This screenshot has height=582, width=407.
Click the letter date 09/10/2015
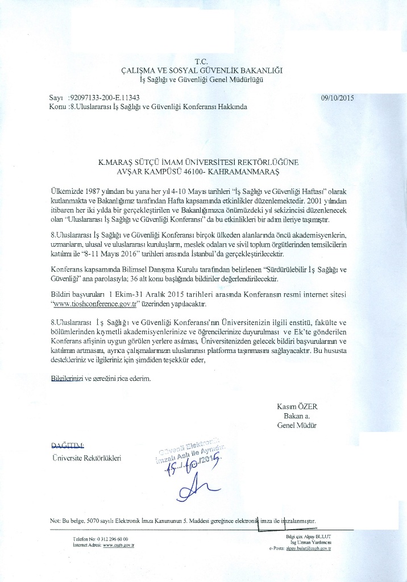(x=337, y=97)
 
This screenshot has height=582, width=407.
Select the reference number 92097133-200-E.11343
(x=104, y=98)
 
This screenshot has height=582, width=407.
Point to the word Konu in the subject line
(x=58, y=106)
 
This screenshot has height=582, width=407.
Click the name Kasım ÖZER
(x=296, y=406)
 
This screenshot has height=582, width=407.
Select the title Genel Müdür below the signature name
(x=297, y=425)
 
